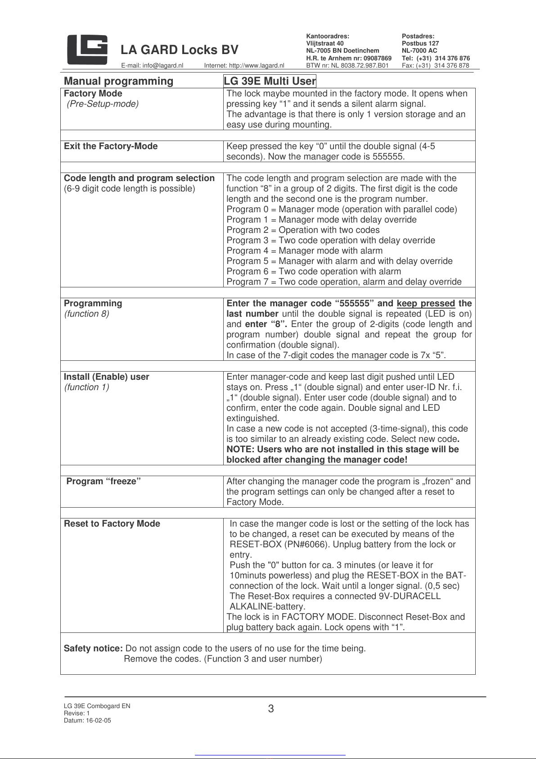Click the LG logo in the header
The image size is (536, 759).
pyautogui.click(x=87, y=50)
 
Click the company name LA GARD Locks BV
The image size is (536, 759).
pyautogui.click(x=180, y=50)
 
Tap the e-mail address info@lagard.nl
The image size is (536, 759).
pyautogui.click(x=152, y=66)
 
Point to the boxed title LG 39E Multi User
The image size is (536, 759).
pyautogui.click(x=270, y=81)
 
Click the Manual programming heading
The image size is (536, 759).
pyautogui.click(x=118, y=81)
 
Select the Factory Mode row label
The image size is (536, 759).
pyautogui.click(x=93, y=94)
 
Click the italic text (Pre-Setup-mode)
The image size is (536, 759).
pyautogui.click(x=103, y=104)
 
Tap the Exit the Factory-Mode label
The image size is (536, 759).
pyautogui.click(x=111, y=146)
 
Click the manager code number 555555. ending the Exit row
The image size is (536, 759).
pyautogui.click(x=388, y=157)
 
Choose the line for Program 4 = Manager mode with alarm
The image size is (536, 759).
pyautogui.click(x=305, y=251)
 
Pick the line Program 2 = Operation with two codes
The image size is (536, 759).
pyautogui.click(x=303, y=230)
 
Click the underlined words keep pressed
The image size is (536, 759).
pyautogui.click(x=426, y=304)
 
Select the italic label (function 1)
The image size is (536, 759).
pyautogui.click(x=86, y=387)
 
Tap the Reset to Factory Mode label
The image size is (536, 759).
pyautogui.click(x=112, y=524)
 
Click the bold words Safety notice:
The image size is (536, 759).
pyautogui.click(x=93, y=649)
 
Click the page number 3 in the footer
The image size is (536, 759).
pyautogui.click(x=271, y=709)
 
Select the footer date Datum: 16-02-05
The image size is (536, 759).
pyautogui.click(x=87, y=720)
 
